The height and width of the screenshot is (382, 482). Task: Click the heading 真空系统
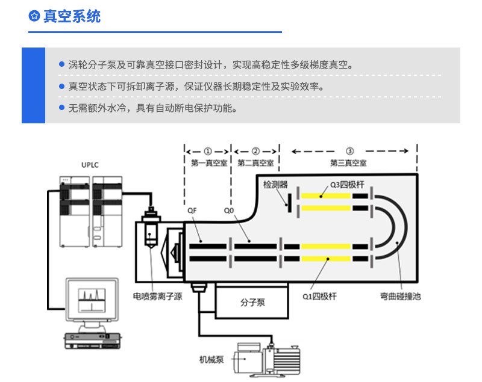(72, 16)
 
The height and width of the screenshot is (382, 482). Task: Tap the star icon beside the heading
(34, 16)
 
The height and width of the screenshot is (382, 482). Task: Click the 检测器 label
(275, 184)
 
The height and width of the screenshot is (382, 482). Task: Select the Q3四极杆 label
(347, 184)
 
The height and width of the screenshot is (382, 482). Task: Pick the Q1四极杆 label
(319, 296)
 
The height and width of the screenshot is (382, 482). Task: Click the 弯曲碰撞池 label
(400, 296)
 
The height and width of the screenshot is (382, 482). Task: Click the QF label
(192, 211)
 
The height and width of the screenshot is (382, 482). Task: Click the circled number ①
(208, 151)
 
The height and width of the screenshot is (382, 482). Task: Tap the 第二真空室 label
(255, 162)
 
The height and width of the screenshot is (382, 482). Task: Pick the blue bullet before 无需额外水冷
(61, 108)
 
